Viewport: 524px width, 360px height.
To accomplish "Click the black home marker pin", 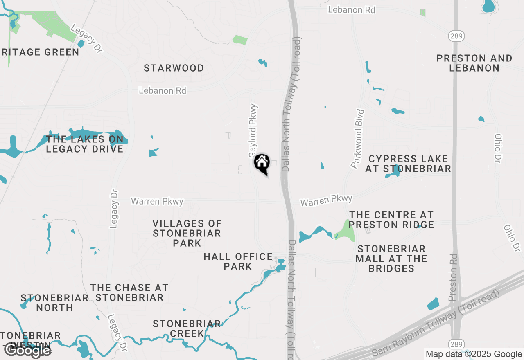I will (x=262, y=163).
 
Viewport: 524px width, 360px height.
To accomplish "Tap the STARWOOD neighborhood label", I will (x=174, y=68).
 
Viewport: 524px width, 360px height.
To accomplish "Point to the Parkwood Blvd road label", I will (x=357, y=139).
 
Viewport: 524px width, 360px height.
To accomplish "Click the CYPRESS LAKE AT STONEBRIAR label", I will (x=408, y=164).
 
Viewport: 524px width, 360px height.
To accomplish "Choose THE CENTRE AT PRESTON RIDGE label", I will (x=391, y=220).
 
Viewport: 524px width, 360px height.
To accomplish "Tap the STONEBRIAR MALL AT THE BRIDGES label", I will (x=391, y=259).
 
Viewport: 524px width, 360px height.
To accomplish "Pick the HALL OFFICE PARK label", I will (x=238, y=261).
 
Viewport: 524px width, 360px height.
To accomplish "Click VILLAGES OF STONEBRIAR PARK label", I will (x=187, y=233).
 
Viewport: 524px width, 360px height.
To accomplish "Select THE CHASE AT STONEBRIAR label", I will (x=129, y=292).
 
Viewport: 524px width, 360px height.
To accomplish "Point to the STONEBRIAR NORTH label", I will (x=54, y=303).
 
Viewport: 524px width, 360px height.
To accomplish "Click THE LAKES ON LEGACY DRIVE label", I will (x=85, y=144).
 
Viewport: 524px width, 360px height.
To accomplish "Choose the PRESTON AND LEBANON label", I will (x=474, y=63).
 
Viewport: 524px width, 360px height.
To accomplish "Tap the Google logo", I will (x=28, y=350).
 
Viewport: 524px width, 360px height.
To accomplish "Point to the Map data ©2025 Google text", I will (x=474, y=354).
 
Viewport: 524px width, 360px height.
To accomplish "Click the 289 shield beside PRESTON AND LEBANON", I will (x=456, y=36).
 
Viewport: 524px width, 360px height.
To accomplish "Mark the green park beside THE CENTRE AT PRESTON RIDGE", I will (x=345, y=231).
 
